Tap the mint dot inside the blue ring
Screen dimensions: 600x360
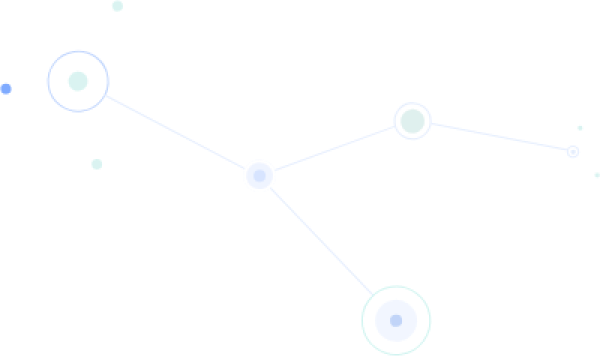pyautogui.click(x=78, y=81)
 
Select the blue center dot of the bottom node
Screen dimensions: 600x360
pyautogui.click(x=396, y=320)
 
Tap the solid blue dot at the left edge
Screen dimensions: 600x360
pyautogui.click(x=6, y=89)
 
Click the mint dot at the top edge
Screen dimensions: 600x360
pyautogui.click(x=117, y=6)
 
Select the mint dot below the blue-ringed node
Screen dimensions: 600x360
pyautogui.click(x=97, y=164)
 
